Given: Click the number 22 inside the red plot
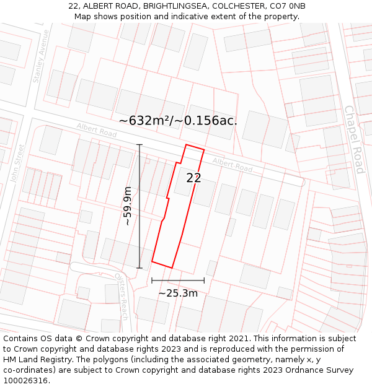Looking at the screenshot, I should pos(193,178).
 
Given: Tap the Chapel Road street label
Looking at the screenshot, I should pos(354,139).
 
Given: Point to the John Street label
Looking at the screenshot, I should pos(17,163).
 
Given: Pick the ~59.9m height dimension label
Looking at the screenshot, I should pos(127,206).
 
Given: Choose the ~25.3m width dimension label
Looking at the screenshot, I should pos(178,293).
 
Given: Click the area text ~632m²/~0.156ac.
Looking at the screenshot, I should pos(178,121).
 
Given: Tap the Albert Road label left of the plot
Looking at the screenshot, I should pos(97,130).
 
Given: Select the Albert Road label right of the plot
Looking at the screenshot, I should pos(232,165).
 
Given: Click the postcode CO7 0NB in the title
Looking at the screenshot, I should pos(288,6).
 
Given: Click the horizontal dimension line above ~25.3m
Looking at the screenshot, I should pos(178,280).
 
